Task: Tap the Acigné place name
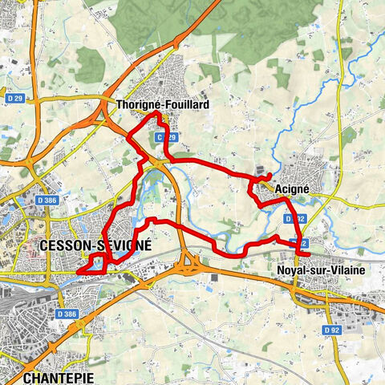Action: click(x=292, y=188)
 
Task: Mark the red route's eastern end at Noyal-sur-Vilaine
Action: click(x=308, y=254)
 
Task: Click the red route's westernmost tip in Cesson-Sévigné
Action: click(x=78, y=274)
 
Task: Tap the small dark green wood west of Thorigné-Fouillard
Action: click(x=89, y=63)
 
